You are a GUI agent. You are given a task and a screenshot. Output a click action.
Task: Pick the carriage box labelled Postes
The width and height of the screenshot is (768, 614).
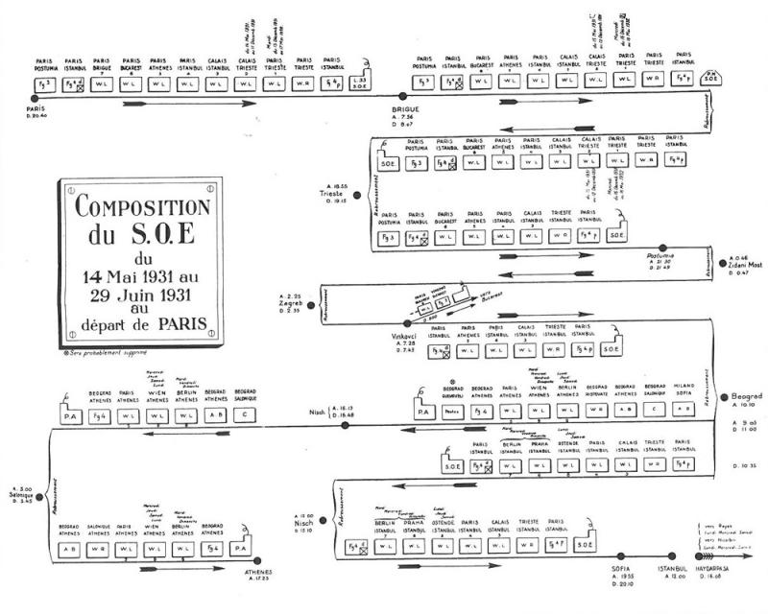tap(454, 412)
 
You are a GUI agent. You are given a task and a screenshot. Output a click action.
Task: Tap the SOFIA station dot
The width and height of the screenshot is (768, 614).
tap(601, 558)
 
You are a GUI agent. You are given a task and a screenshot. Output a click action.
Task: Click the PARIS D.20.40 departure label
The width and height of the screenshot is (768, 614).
tap(43, 112)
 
